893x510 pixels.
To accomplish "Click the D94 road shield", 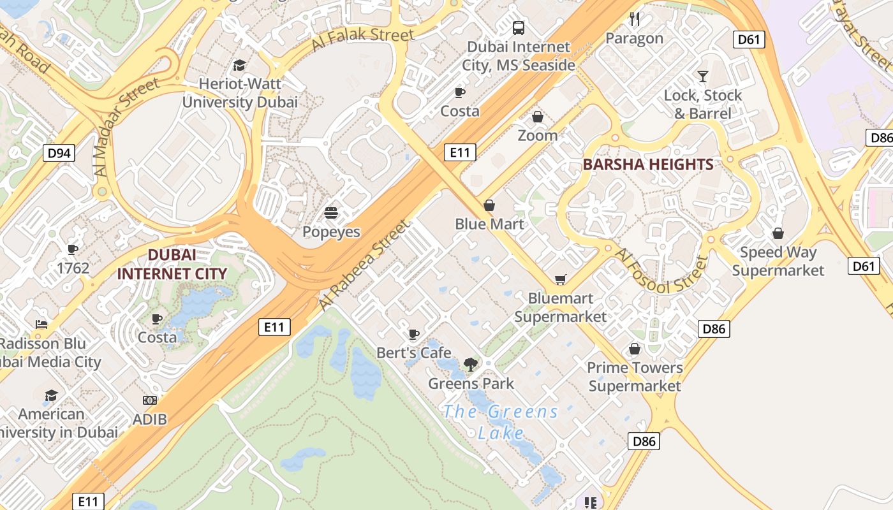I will tap(59, 153).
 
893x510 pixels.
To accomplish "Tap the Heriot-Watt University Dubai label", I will tap(240, 93).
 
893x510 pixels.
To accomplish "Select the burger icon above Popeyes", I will tap(330, 212).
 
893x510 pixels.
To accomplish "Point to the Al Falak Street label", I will tap(363, 40).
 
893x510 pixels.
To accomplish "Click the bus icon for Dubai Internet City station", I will tap(519, 28).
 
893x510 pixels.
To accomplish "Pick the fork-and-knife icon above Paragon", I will tap(634, 19).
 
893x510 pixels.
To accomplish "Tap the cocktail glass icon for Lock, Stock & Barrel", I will tap(703, 76).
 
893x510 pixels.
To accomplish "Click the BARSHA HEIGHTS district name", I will tap(648, 164).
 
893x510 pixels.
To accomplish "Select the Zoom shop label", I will tap(537, 135).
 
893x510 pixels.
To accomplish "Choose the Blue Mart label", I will tap(489, 224).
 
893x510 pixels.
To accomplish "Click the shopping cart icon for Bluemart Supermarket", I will tap(560, 279).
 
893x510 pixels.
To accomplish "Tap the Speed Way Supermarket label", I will tap(778, 261).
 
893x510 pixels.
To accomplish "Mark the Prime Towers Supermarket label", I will tap(635, 377).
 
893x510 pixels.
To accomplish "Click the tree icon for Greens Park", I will tap(471, 365).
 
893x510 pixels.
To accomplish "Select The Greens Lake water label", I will tap(501, 422).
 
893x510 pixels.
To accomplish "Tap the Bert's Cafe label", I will tap(413, 353).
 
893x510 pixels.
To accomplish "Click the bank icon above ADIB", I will tap(150, 400).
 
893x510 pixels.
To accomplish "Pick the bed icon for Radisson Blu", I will tap(41, 324).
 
